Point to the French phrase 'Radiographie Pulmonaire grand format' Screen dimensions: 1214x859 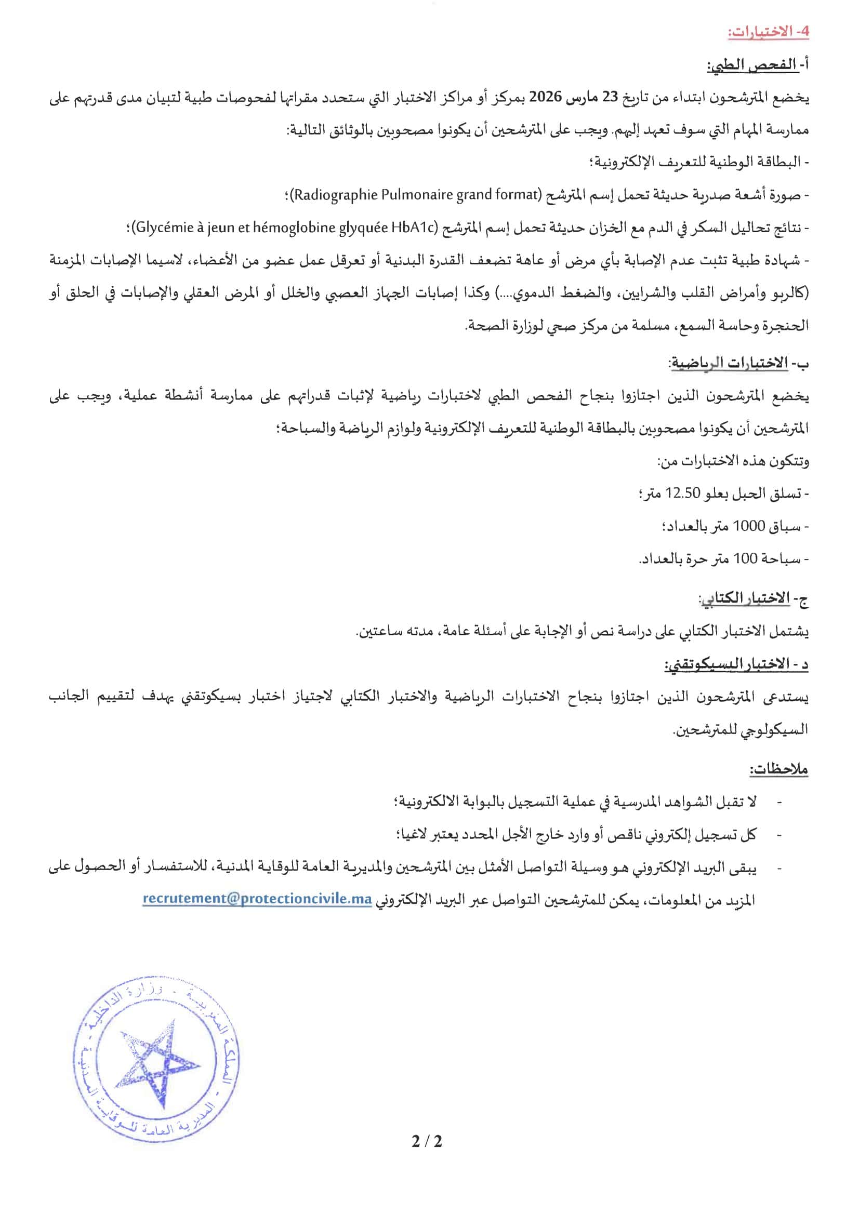[x=416, y=195]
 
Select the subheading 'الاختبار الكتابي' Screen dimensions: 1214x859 [x=745, y=598]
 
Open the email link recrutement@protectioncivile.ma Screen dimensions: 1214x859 [x=257, y=899]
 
